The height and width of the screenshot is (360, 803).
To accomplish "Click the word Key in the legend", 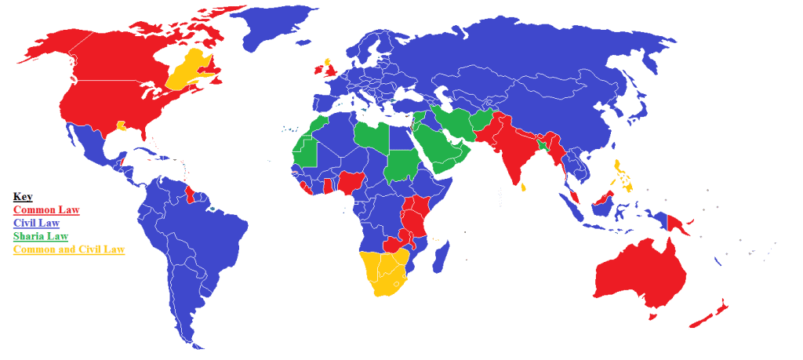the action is coord(23,197).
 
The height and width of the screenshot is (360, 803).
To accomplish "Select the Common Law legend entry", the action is coord(46,210).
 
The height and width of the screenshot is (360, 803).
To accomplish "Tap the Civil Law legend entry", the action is coord(42,224).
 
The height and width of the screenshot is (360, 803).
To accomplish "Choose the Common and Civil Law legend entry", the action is coord(69,249).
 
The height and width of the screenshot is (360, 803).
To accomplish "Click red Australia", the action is coord(639,275).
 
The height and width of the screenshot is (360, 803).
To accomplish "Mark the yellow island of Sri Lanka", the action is coord(521,187).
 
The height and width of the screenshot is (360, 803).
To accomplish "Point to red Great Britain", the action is coord(332,70).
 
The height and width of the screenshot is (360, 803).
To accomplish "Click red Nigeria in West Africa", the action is coord(348,183).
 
